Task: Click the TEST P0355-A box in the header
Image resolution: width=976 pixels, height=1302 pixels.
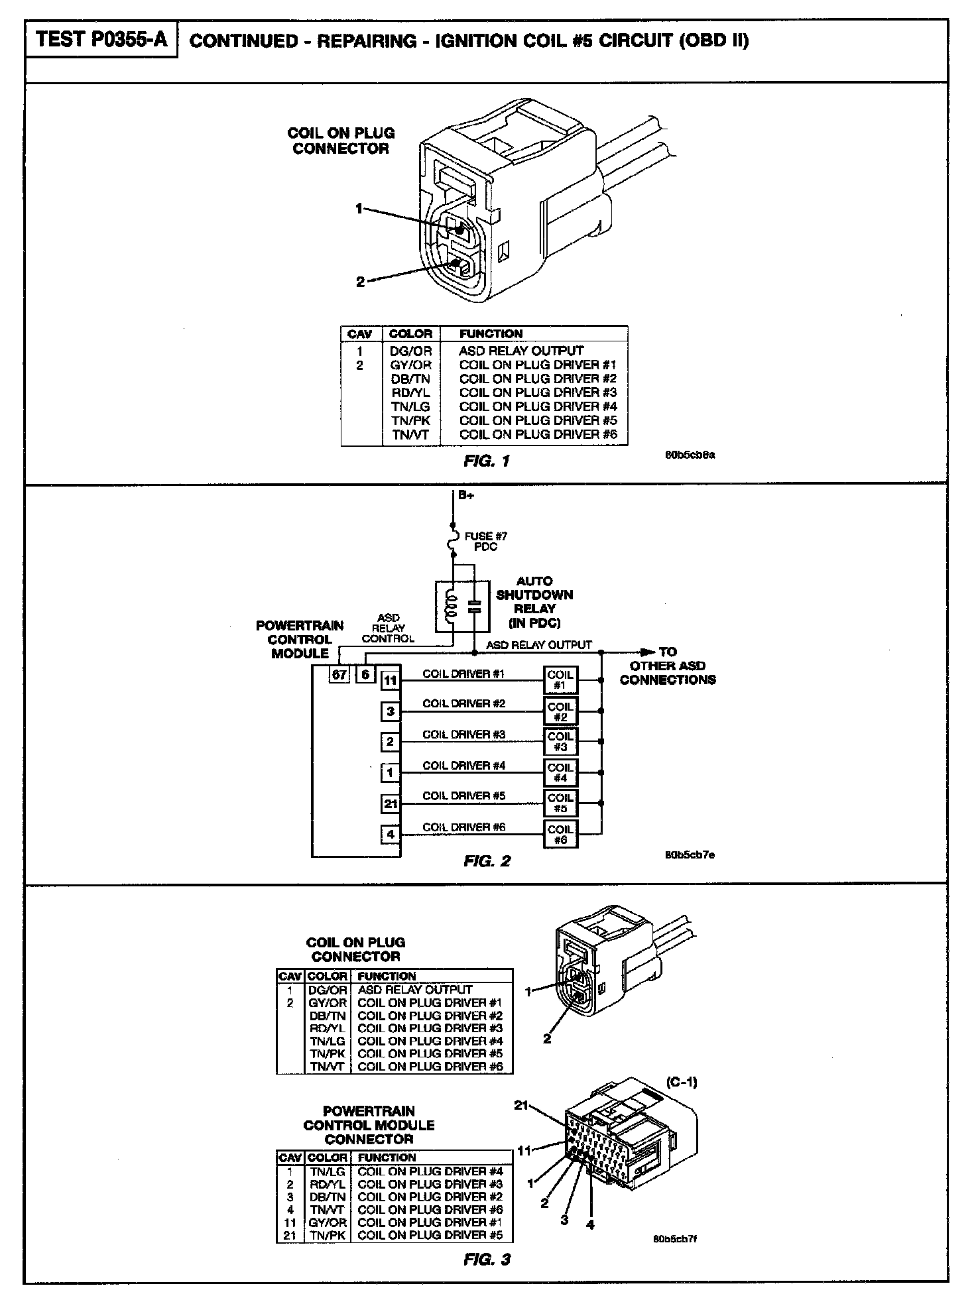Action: (x=101, y=40)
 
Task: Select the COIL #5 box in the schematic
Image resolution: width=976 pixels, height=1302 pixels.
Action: (x=560, y=803)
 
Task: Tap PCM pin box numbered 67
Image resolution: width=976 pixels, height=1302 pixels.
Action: (x=339, y=675)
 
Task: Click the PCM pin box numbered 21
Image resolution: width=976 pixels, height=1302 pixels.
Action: (x=391, y=804)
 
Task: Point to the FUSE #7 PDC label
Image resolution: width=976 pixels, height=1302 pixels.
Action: (x=485, y=541)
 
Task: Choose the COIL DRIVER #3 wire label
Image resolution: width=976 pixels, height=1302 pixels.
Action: (x=464, y=735)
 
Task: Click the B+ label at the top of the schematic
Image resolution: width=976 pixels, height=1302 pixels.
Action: (x=466, y=495)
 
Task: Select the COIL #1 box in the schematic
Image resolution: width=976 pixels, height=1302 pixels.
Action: (x=560, y=680)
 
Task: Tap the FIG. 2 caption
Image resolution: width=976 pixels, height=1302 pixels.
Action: (x=487, y=861)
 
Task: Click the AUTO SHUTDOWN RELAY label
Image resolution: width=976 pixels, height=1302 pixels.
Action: (x=534, y=602)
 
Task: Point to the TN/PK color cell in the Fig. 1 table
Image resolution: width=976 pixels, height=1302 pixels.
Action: (x=410, y=420)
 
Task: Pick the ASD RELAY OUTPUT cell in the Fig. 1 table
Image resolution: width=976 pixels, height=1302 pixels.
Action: (x=521, y=351)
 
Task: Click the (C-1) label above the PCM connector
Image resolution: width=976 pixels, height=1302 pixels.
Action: (x=682, y=1083)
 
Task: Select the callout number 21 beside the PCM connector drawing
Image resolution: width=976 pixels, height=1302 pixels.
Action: (x=522, y=1105)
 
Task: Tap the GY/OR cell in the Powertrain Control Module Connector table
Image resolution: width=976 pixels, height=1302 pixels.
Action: (x=328, y=1222)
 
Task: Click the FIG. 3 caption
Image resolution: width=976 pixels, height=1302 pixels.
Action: (x=487, y=1260)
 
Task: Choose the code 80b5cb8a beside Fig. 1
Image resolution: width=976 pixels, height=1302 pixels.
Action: (x=690, y=455)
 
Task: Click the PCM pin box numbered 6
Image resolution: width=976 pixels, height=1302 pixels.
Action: (x=365, y=675)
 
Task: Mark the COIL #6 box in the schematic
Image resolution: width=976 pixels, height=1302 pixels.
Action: (x=560, y=834)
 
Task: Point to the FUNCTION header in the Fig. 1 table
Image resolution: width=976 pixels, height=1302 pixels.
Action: (x=491, y=333)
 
